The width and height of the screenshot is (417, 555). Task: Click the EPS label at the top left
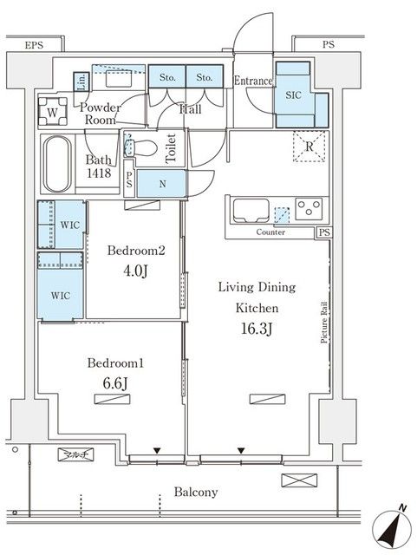click(x=34, y=45)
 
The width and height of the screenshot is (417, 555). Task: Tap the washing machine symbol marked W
click(x=52, y=112)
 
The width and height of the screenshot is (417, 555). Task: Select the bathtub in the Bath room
click(x=56, y=165)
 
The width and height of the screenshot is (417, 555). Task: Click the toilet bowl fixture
click(x=141, y=147)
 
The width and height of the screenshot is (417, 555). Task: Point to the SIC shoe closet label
click(x=293, y=95)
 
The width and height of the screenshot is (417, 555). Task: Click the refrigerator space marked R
click(x=309, y=147)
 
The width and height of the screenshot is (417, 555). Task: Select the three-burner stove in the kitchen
click(x=309, y=208)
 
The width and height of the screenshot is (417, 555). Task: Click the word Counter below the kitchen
click(x=270, y=232)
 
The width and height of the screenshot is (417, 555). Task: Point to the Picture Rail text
click(x=324, y=322)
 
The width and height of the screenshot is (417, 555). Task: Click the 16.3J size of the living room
click(x=257, y=330)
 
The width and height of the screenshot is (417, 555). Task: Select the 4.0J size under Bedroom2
click(x=135, y=271)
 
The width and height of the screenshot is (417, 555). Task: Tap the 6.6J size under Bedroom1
click(x=115, y=383)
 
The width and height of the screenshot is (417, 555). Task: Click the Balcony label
click(x=196, y=492)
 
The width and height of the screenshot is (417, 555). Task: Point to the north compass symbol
click(x=391, y=528)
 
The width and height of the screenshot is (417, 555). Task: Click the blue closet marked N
click(x=161, y=184)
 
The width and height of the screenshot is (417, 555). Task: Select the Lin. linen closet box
click(x=81, y=82)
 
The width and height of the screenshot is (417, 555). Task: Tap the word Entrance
click(x=253, y=81)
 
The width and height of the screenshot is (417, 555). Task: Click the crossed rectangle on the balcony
click(x=299, y=480)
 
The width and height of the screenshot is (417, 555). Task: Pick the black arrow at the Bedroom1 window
click(x=157, y=451)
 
